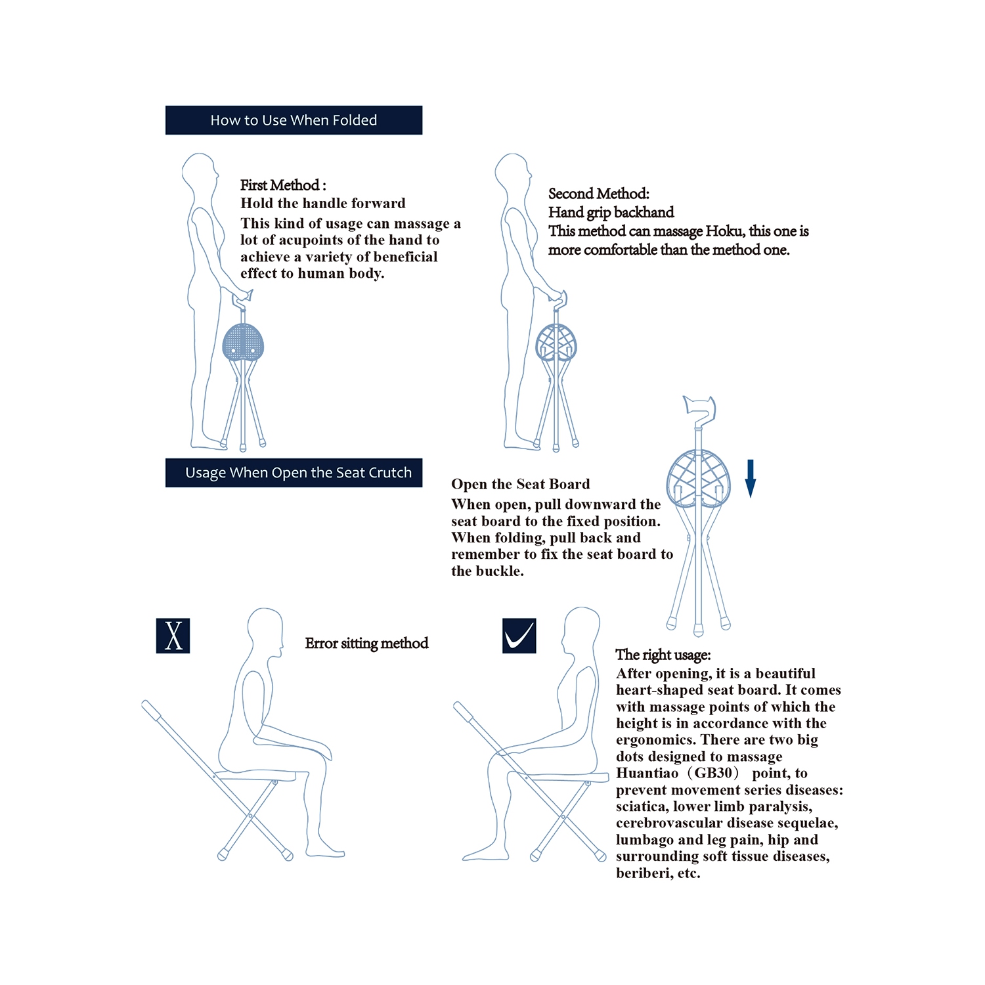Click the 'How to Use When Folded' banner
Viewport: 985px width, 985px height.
click(294, 120)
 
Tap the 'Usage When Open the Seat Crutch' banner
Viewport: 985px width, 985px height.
click(294, 473)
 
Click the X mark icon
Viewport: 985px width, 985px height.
click(173, 636)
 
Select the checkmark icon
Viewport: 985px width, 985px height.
click(519, 636)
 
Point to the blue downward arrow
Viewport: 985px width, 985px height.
click(751, 479)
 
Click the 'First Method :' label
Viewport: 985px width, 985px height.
click(283, 185)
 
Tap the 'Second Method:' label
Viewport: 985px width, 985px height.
click(599, 194)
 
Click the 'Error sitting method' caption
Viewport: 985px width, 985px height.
click(366, 644)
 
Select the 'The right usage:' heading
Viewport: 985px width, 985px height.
click(663, 655)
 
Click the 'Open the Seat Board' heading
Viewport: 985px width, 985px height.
click(520, 484)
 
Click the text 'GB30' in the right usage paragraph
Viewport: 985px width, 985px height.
click(713, 773)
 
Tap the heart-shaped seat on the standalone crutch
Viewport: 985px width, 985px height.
click(699, 479)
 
